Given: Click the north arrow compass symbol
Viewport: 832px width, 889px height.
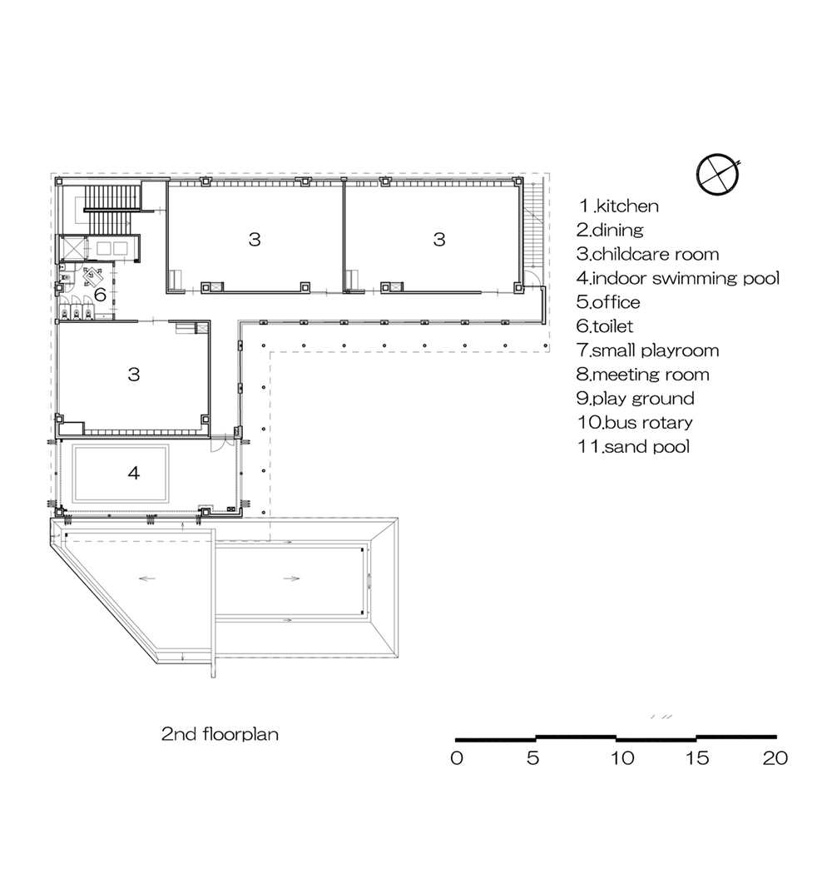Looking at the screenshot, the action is [x=718, y=174].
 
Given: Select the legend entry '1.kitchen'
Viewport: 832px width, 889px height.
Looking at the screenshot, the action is [x=618, y=206].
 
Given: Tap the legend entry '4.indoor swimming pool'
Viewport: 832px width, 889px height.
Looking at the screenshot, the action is [x=678, y=278].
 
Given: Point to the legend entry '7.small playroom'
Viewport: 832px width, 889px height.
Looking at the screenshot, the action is [x=648, y=350].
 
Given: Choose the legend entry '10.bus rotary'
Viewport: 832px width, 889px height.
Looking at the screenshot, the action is [x=635, y=422].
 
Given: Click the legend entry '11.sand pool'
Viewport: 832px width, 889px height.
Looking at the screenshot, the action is [x=633, y=447].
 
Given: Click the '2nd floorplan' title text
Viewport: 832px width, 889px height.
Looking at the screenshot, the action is [x=220, y=734].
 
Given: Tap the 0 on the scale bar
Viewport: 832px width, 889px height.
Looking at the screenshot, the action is [x=457, y=758].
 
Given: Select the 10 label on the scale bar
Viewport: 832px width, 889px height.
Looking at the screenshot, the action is [x=622, y=758].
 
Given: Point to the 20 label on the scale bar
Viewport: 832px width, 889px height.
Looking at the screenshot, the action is [x=775, y=758].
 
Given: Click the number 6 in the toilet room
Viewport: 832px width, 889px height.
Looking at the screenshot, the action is [x=101, y=295].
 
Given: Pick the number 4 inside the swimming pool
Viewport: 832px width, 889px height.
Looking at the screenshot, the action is [x=134, y=472].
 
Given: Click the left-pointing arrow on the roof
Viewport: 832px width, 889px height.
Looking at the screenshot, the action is [x=147, y=579].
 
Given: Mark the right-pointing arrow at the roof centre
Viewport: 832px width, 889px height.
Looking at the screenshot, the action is [x=291, y=579].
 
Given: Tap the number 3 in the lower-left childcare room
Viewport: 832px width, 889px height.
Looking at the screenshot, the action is [x=134, y=375].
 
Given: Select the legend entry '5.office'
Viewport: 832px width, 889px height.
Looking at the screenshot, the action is [x=608, y=302].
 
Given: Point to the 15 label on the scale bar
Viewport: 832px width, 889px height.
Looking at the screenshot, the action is [x=697, y=758].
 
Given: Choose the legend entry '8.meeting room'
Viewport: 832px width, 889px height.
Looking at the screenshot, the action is [x=642, y=375].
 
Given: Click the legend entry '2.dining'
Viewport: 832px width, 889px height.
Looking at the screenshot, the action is [x=610, y=231].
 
